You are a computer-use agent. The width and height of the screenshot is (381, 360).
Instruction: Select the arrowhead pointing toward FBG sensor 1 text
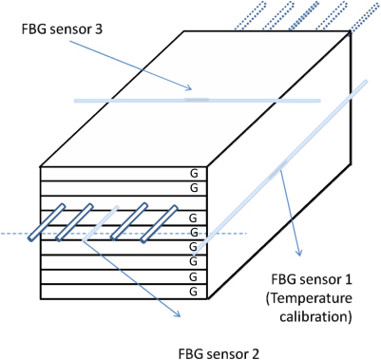(x=301, y=255)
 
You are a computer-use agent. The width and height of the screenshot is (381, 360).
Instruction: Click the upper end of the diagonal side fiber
(x=365, y=85)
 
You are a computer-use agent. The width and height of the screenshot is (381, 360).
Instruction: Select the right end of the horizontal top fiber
(x=318, y=99)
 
